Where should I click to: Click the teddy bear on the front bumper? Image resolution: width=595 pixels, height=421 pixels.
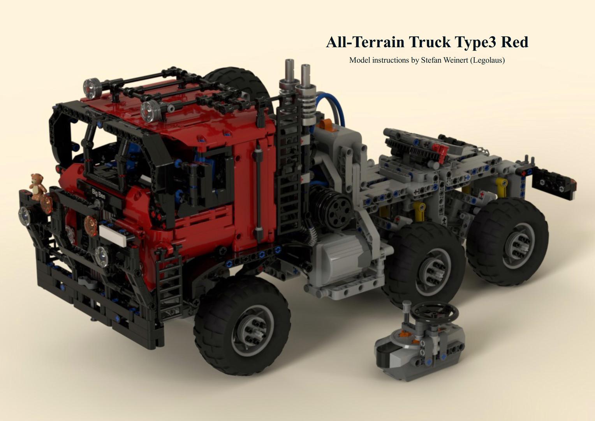pos(37,186)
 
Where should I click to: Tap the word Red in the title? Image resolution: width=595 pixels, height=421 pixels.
pos(514,42)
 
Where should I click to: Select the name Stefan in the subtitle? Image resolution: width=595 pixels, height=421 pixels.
pos(432,60)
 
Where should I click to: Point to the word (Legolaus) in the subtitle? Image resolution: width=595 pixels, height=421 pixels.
pos(487,60)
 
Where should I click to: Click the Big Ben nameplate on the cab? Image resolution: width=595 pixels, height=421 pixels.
pos(98,193)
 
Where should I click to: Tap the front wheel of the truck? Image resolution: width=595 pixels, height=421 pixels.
pos(242,326)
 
